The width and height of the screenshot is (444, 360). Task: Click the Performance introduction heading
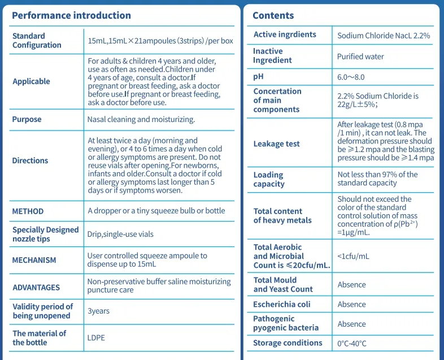click(71, 15)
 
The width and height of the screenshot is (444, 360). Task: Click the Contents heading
click(273, 15)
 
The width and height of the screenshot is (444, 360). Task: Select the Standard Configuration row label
click(37, 41)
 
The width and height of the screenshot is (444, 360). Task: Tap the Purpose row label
click(27, 119)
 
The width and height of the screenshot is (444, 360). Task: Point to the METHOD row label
click(28, 211)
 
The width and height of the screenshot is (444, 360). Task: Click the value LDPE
click(96, 338)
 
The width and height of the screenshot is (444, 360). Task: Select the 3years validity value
click(98, 311)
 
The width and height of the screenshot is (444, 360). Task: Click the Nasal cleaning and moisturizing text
click(141, 119)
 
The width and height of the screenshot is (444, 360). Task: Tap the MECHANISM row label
click(34, 261)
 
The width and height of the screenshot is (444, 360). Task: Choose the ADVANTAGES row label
click(36, 288)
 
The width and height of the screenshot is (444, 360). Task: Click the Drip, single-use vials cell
click(120, 234)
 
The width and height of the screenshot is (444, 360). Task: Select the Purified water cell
click(360, 57)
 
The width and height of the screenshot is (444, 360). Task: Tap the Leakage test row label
click(276, 144)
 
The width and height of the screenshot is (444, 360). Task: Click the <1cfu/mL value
click(353, 256)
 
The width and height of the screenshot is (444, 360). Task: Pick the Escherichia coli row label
click(281, 304)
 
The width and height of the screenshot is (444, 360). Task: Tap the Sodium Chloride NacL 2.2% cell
click(384, 35)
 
